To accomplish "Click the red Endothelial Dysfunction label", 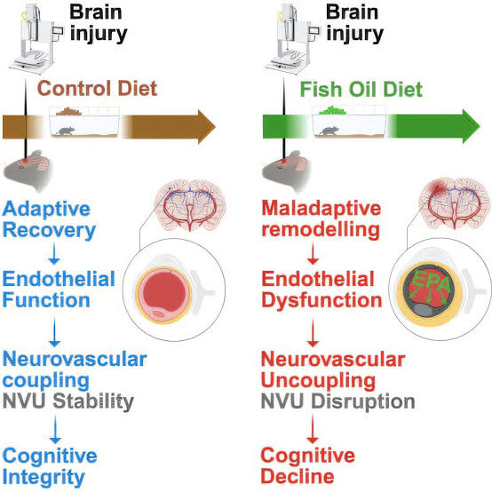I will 321,290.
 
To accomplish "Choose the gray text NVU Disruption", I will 337,401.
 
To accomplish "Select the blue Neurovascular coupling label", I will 74,369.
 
